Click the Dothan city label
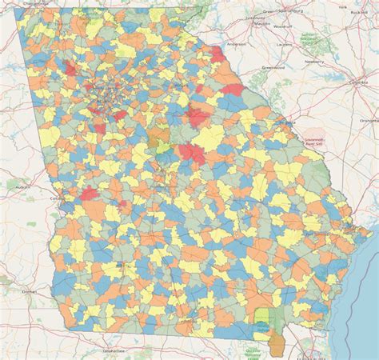pyautogui.click(x=30, y=293)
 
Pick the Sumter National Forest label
pyautogui.click(x=309, y=38)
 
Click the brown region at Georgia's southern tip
pyautogui.click(x=276, y=346)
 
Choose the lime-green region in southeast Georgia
pyautogui.click(x=261, y=319)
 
